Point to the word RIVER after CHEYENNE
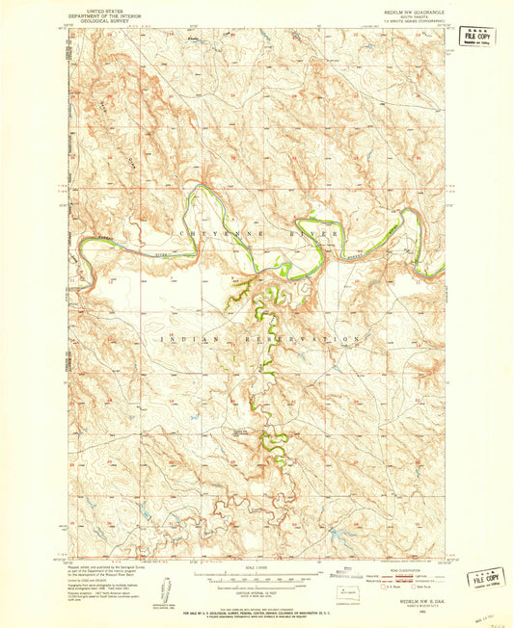[315, 233]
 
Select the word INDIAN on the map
[178, 339]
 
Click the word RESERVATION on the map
[307, 339]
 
